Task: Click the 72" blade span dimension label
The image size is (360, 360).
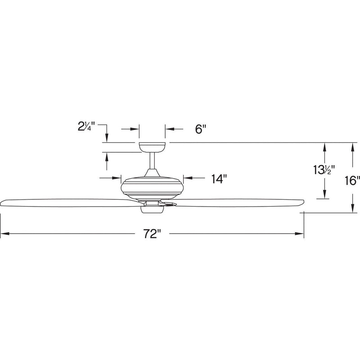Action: pos(153,234)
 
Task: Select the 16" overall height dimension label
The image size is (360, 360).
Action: pos(352,181)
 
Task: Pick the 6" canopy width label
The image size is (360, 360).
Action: pos(200,129)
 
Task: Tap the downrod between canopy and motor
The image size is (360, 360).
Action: pos(152,162)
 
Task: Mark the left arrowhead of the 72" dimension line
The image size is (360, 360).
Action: pos(4,234)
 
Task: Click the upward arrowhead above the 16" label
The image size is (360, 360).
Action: pos(352,146)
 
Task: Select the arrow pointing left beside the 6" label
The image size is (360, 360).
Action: pos(170,129)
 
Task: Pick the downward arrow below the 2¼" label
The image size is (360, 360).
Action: pos(106,137)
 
